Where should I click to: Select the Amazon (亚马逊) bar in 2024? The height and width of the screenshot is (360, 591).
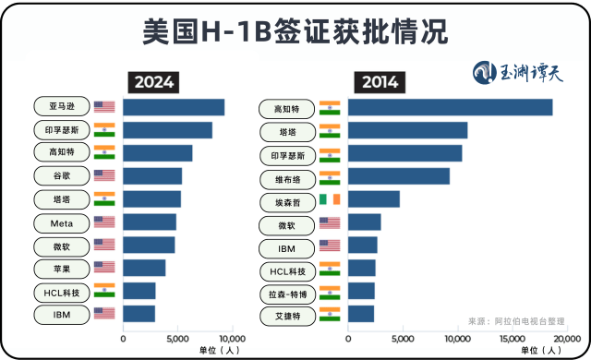click(x=174, y=107)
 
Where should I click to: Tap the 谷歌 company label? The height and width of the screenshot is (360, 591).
click(x=62, y=175)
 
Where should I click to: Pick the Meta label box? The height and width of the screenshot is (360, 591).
click(x=62, y=222)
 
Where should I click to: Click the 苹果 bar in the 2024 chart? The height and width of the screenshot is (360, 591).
click(x=144, y=268)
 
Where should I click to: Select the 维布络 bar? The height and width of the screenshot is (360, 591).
click(x=398, y=175)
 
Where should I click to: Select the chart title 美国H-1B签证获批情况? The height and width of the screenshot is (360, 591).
click(x=295, y=32)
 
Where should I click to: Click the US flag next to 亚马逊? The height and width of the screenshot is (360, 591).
click(x=104, y=107)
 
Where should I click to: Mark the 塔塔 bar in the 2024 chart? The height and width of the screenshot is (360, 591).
click(x=151, y=198)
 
